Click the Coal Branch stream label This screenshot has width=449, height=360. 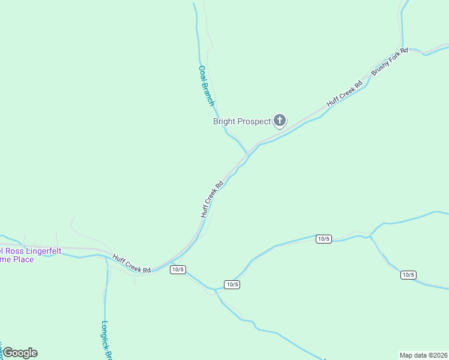206,86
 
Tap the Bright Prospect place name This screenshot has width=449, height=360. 242,121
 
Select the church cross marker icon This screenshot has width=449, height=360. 279,121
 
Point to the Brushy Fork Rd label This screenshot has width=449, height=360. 390,61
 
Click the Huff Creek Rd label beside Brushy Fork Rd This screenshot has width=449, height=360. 345,93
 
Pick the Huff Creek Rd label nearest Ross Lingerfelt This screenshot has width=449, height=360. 131,264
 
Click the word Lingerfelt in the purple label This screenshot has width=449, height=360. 40,251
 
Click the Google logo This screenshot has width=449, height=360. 20,353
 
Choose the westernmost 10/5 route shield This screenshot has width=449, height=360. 177,269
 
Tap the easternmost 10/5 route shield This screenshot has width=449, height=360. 408,275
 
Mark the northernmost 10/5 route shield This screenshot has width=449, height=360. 324,239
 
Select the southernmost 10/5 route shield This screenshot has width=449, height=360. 232,284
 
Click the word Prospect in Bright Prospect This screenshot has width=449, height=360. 255,121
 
